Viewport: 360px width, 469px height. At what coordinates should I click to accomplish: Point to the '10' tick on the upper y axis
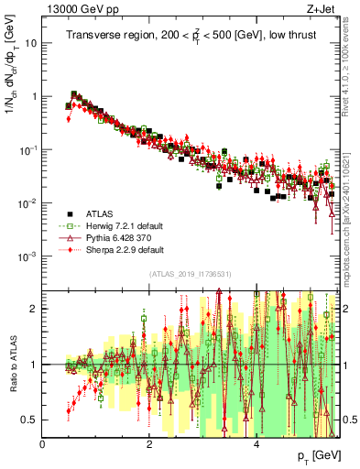click(30, 43)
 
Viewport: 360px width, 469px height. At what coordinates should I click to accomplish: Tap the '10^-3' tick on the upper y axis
click(27, 256)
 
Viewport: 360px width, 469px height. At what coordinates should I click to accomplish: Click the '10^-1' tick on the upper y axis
click(27, 149)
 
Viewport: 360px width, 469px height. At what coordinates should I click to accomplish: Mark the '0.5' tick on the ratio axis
click(29, 420)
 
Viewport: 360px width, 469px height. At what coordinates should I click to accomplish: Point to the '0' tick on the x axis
click(42, 444)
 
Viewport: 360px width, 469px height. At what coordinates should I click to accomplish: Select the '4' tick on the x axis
click(256, 444)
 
